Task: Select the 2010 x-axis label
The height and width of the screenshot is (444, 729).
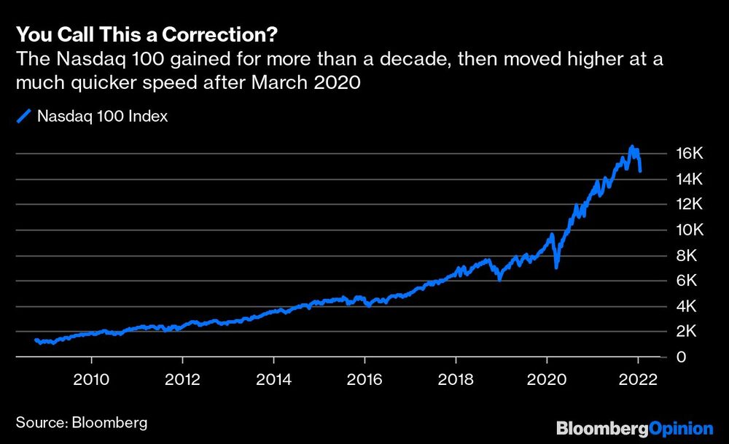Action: pyautogui.click(x=91, y=380)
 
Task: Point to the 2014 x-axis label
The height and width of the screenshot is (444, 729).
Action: pyautogui.click(x=273, y=380)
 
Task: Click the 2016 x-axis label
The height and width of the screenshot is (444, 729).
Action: pyautogui.click(x=364, y=380)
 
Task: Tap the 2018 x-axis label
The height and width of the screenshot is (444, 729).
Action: pyautogui.click(x=456, y=380)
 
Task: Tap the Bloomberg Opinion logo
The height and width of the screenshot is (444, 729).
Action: pyautogui.click(x=634, y=428)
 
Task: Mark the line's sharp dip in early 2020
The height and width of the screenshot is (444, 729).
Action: pyautogui.click(x=556, y=267)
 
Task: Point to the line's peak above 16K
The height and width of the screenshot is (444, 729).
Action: pyautogui.click(x=632, y=147)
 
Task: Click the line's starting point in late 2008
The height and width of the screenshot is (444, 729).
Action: pyautogui.click(x=36, y=340)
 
